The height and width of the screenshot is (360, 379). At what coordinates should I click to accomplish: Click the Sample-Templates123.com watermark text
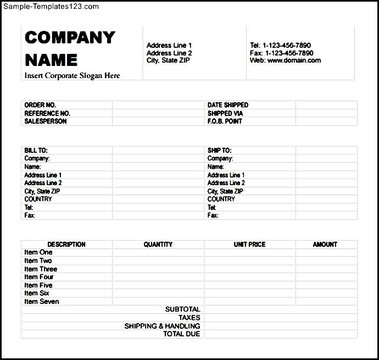click(x=51, y=7)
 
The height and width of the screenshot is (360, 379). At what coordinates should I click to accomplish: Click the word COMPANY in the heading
click(x=70, y=37)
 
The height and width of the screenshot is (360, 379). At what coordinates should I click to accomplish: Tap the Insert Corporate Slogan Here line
click(x=72, y=76)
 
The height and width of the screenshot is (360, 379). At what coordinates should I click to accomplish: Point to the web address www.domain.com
click(x=294, y=60)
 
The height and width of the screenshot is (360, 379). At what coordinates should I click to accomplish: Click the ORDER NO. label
click(x=40, y=105)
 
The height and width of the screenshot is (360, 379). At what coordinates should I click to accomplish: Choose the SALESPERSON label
click(x=46, y=121)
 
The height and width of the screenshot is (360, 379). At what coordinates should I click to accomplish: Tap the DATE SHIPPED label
click(x=228, y=105)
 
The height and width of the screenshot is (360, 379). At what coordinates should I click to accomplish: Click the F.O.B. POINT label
click(x=225, y=121)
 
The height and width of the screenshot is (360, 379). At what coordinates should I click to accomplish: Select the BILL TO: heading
click(x=36, y=150)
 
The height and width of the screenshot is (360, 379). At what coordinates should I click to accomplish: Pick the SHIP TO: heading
click(x=220, y=150)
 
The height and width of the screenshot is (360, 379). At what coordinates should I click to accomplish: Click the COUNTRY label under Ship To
click(x=221, y=200)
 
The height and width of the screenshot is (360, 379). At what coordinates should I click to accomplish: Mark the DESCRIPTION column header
click(x=66, y=245)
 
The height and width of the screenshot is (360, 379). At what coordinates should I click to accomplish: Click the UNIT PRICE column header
click(x=249, y=245)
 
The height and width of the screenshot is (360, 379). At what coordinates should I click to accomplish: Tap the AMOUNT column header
click(x=325, y=245)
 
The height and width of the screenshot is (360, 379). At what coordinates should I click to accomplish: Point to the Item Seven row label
click(x=42, y=302)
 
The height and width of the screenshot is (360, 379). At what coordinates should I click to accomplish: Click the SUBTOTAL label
click(x=183, y=309)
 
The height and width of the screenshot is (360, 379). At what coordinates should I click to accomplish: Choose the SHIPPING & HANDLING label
click(x=163, y=326)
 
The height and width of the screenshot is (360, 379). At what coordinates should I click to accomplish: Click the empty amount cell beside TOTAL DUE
click(x=280, y=334)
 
